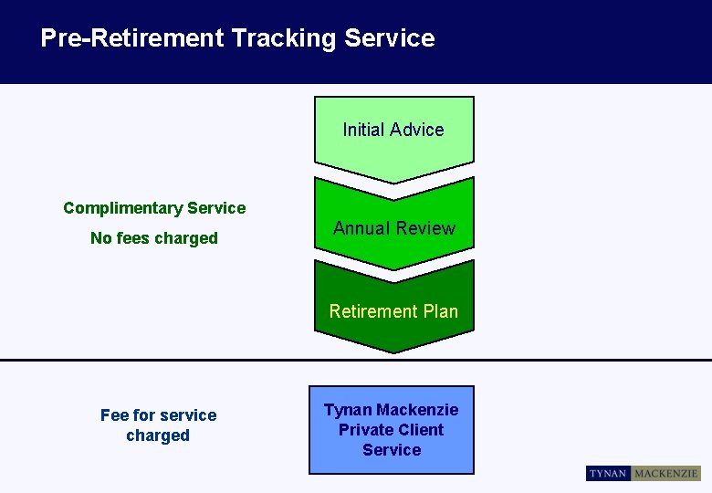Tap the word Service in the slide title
[x=390, y=38]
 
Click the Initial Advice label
[x=393, y=130]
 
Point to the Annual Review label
[x=393, y=228]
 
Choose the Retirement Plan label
[x=393, y=311]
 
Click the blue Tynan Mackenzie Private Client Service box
[x=392, y=430]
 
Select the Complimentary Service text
[x=154, y=208]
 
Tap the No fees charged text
[x=154, y=238]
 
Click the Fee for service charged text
[x=158, y=425]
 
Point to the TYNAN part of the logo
[x=608, y=474]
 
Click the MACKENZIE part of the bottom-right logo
[x=666, y=474]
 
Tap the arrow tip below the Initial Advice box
[x=393, y=180]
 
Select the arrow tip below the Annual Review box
[x=393, y=267]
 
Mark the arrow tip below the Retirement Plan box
[x=393, y=350]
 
